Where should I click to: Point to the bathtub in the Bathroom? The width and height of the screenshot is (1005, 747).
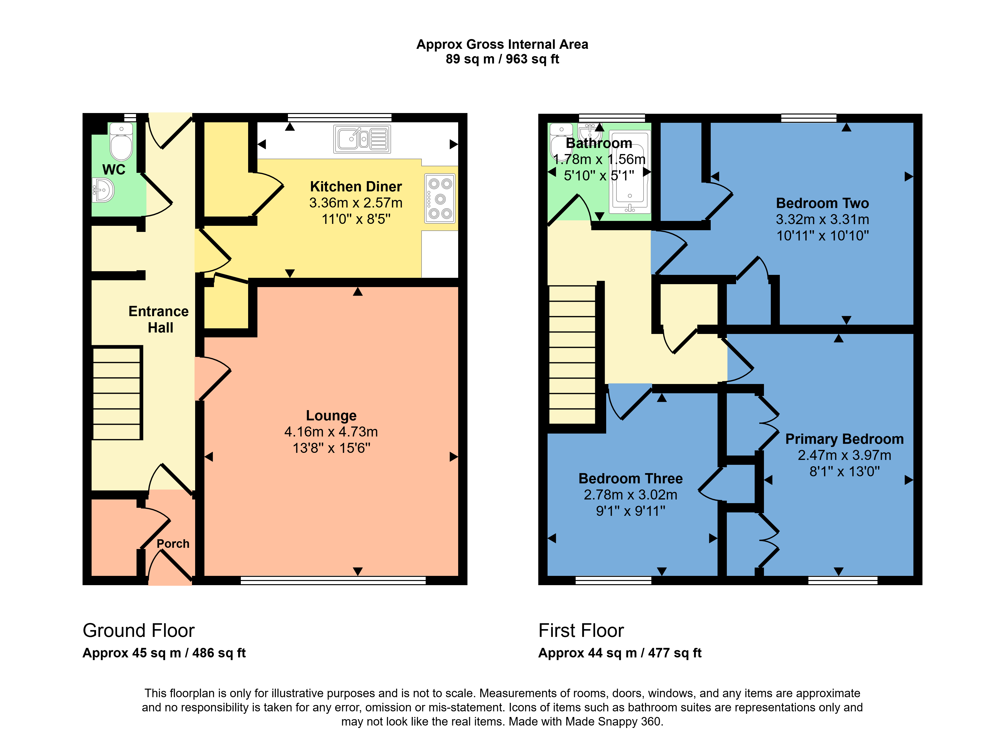click(x=630, y=172)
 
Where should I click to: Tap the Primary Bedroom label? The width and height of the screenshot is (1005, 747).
click(x=845, y=439)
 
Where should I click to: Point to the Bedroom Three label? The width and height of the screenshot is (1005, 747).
click(x=631, y=478)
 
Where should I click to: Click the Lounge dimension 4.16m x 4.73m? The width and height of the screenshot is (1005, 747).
click(x=331, y=432)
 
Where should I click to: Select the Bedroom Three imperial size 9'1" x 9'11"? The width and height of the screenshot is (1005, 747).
click(x=631, y=511)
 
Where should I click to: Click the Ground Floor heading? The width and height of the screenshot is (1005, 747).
click(x=138, y=630)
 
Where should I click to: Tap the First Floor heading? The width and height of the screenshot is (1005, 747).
click(x=581, y=630)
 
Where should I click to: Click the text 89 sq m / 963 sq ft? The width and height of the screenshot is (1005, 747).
click(x=503, y=59)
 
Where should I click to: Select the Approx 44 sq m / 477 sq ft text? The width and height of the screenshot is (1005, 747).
click(x=620, y=653)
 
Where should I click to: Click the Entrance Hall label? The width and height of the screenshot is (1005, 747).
click(x=159, y=319)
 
